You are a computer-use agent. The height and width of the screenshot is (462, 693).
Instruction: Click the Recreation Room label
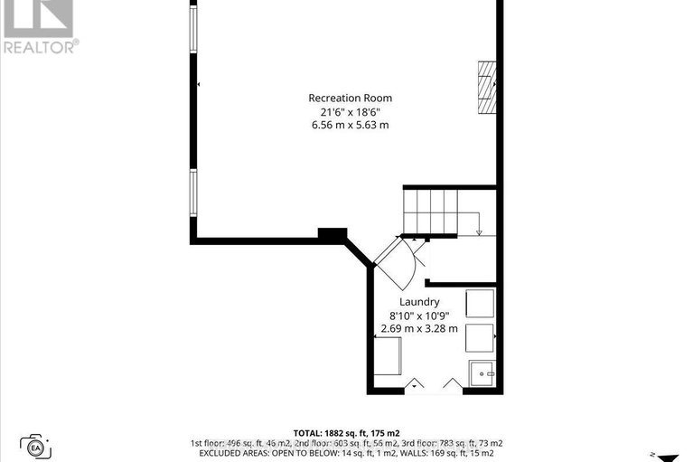point(351,98)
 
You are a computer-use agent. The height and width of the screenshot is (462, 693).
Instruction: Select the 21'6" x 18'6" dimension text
point(351,111)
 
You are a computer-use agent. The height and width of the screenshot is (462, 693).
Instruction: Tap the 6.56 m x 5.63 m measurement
point(351,125)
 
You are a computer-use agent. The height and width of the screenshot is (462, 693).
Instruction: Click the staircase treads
point(430,212)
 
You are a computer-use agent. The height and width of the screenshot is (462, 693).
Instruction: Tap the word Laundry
point(419,302)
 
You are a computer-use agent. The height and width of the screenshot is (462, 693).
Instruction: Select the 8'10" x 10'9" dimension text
point(419,316)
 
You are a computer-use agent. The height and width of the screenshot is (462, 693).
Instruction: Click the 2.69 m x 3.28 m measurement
point(419,329)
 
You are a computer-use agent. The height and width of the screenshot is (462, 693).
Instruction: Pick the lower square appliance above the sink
point(479,337)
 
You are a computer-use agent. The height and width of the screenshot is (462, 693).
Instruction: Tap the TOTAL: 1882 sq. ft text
point(347,432)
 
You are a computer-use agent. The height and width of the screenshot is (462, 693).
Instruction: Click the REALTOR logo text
point(40,46)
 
